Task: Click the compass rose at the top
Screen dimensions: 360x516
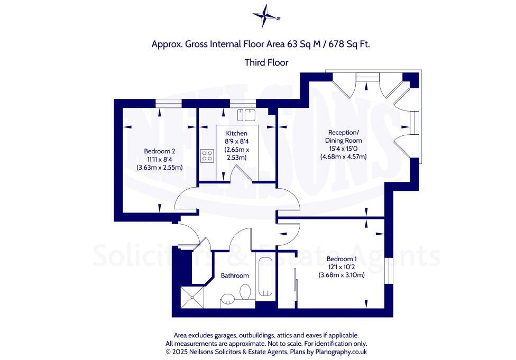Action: click(266, 16)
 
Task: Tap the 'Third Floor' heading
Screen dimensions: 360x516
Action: click(266, 62)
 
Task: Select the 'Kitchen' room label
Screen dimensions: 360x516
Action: click(236, 133)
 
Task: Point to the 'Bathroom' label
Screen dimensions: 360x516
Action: click(235, 275)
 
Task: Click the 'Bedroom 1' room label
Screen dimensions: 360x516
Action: click(342, 259)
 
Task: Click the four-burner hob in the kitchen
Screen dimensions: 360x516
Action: click(207, 156)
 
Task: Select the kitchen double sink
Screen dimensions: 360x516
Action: click(246, 115)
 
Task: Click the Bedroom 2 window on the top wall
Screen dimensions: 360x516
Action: click(165, 103)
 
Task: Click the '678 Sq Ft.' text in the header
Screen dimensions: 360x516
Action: click(349, 44)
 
